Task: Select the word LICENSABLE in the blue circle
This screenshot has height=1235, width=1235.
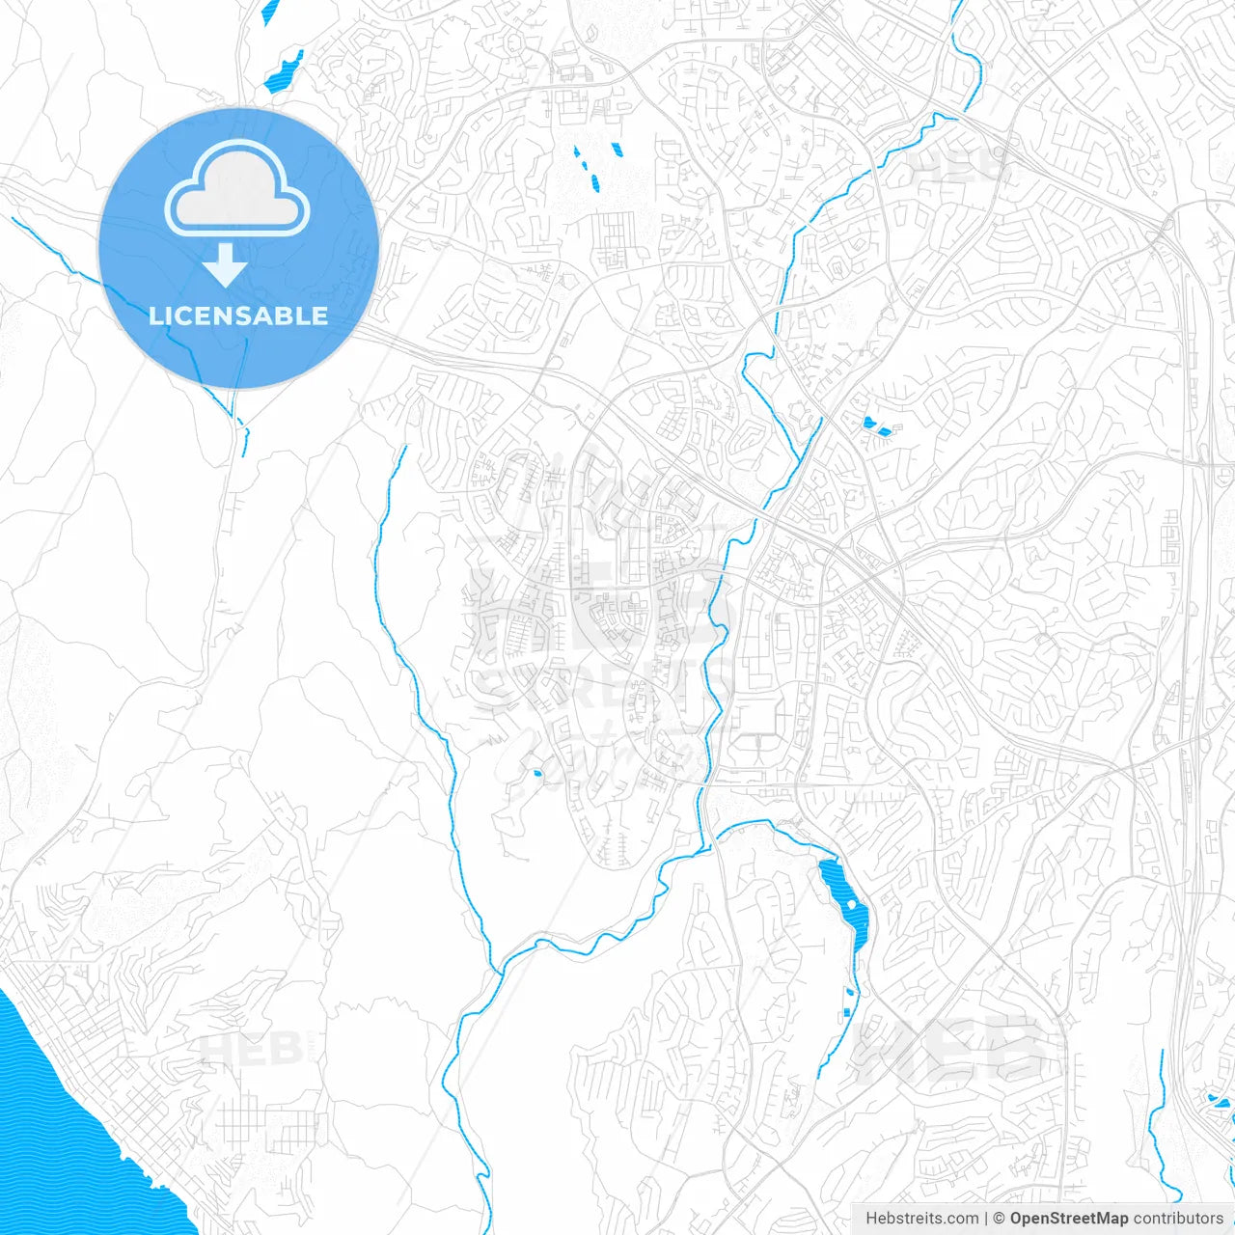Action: point(238,316)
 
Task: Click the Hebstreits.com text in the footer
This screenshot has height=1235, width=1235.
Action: point(921,1219)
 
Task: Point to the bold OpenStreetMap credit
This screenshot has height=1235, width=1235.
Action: point(1068,1219)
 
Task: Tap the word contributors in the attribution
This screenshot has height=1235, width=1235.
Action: point(1177,1219)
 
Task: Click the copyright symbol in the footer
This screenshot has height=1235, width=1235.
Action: point(999,1219)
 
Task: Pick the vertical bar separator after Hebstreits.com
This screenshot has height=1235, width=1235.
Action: point(985,1219)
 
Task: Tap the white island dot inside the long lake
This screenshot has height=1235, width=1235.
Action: point(852,904)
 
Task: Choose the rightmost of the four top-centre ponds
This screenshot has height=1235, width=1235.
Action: point(616,150)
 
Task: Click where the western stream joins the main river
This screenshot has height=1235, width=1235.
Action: point(495,968)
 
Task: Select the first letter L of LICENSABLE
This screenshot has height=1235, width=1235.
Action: point(154,316)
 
